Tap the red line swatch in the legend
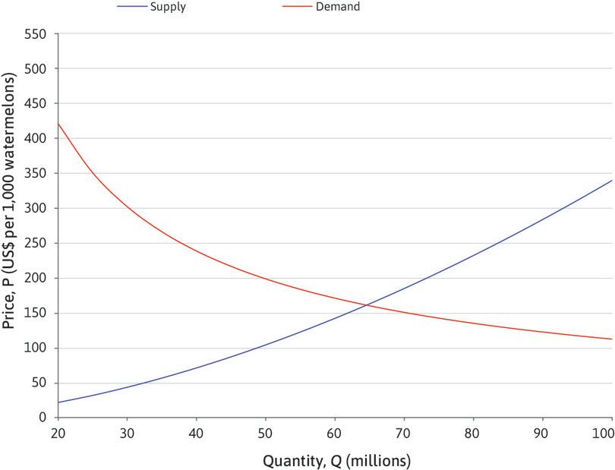pos(302,7)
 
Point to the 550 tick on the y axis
pos(36,34)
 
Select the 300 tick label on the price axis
pos(36,209)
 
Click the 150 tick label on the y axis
pos(36,314)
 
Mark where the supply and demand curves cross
pos(367,305)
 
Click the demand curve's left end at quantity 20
pos(58,124)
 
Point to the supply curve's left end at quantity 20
pos(58,402)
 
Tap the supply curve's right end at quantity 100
pos(611,181)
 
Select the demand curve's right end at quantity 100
pos(611,339)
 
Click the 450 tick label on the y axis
pos(36,104)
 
